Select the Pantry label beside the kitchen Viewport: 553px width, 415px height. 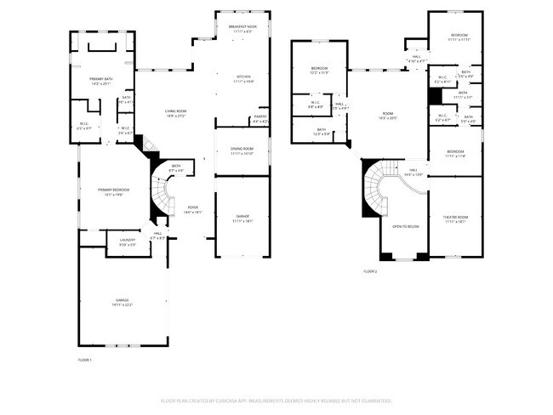pos(260,119)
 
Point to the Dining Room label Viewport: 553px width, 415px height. pos(242,151)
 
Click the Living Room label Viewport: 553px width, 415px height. pos(175,113)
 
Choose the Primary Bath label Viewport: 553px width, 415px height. pos(100,82)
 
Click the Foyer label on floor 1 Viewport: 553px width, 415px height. pos(193,209)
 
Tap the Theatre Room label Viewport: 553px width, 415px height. pos(456,219)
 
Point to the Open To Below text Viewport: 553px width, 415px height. pos(405,227)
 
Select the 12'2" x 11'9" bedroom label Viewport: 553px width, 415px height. pos(319,70)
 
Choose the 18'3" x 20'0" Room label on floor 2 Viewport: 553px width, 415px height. pos(387,116)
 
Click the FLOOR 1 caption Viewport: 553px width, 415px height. pos(84,361)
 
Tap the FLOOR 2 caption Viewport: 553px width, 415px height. pos(369,271)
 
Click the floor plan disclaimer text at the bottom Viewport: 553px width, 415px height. pos(276,400)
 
